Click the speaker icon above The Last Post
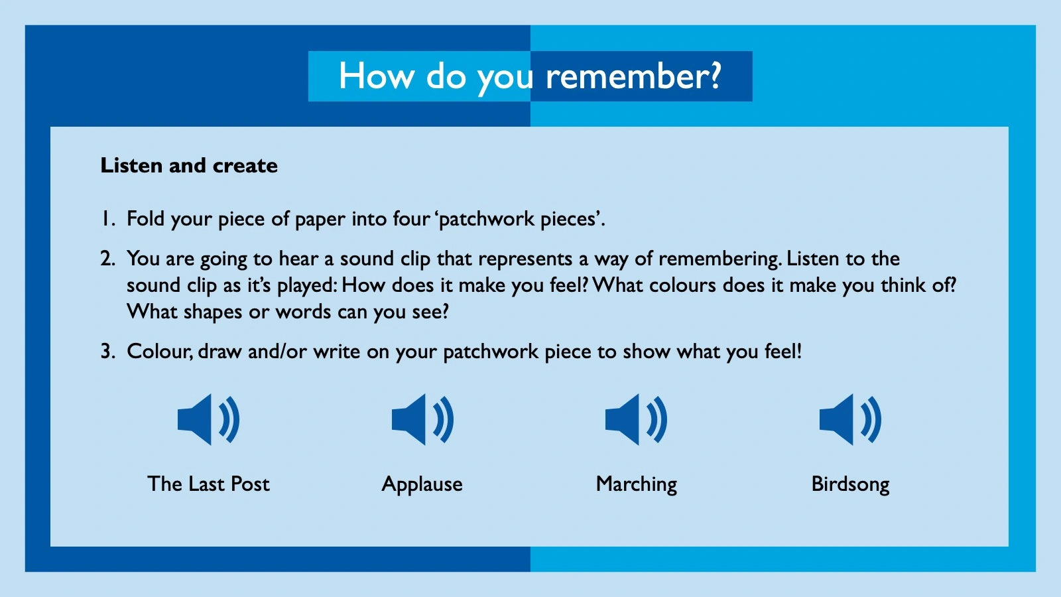click(x=208, y=419)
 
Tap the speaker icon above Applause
click(x=422, y=419)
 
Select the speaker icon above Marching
click(x=636, y=419)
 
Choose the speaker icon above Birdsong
click(x=850, y=419)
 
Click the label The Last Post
click(x=208, y=484)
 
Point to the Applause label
click(x=422, y=484)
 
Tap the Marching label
click(x=637, y=484)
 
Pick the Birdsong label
click(x=850, y=484)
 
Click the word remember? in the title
click(x=633, y=76)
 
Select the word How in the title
click(x=377, y=76)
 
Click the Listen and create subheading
click(x=189, y=165)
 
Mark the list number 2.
click(x=108, y=259)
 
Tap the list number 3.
click(x=108, y=352)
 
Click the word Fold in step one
click(x=145, y=219)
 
